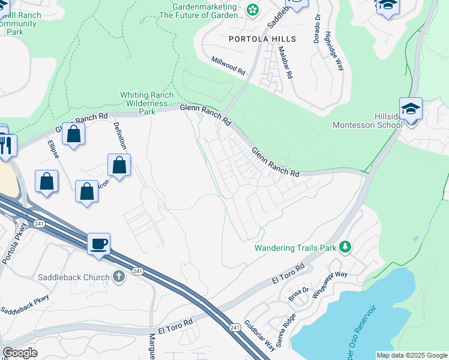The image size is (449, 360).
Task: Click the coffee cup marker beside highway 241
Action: coord(99,244)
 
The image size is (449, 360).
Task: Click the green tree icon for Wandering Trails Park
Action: coord(345,247)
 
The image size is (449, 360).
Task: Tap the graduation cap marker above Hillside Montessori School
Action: coord(411,109)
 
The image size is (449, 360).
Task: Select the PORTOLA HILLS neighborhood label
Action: coord(262,39)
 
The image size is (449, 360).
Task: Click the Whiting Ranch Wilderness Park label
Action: coord(147,103)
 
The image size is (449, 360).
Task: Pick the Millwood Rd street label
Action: coord(229,65)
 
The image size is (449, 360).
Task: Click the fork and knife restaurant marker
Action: coord(7,146)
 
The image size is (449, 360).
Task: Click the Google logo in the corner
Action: coord(20,353)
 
